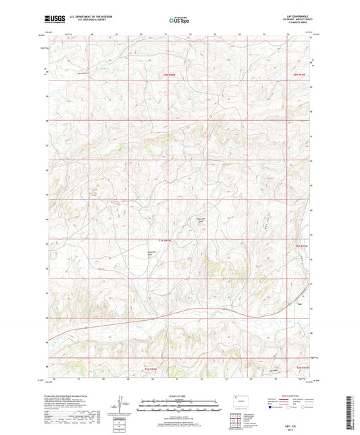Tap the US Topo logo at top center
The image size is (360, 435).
click(179, 20)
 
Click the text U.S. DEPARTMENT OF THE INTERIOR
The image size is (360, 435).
click(85, 16)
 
